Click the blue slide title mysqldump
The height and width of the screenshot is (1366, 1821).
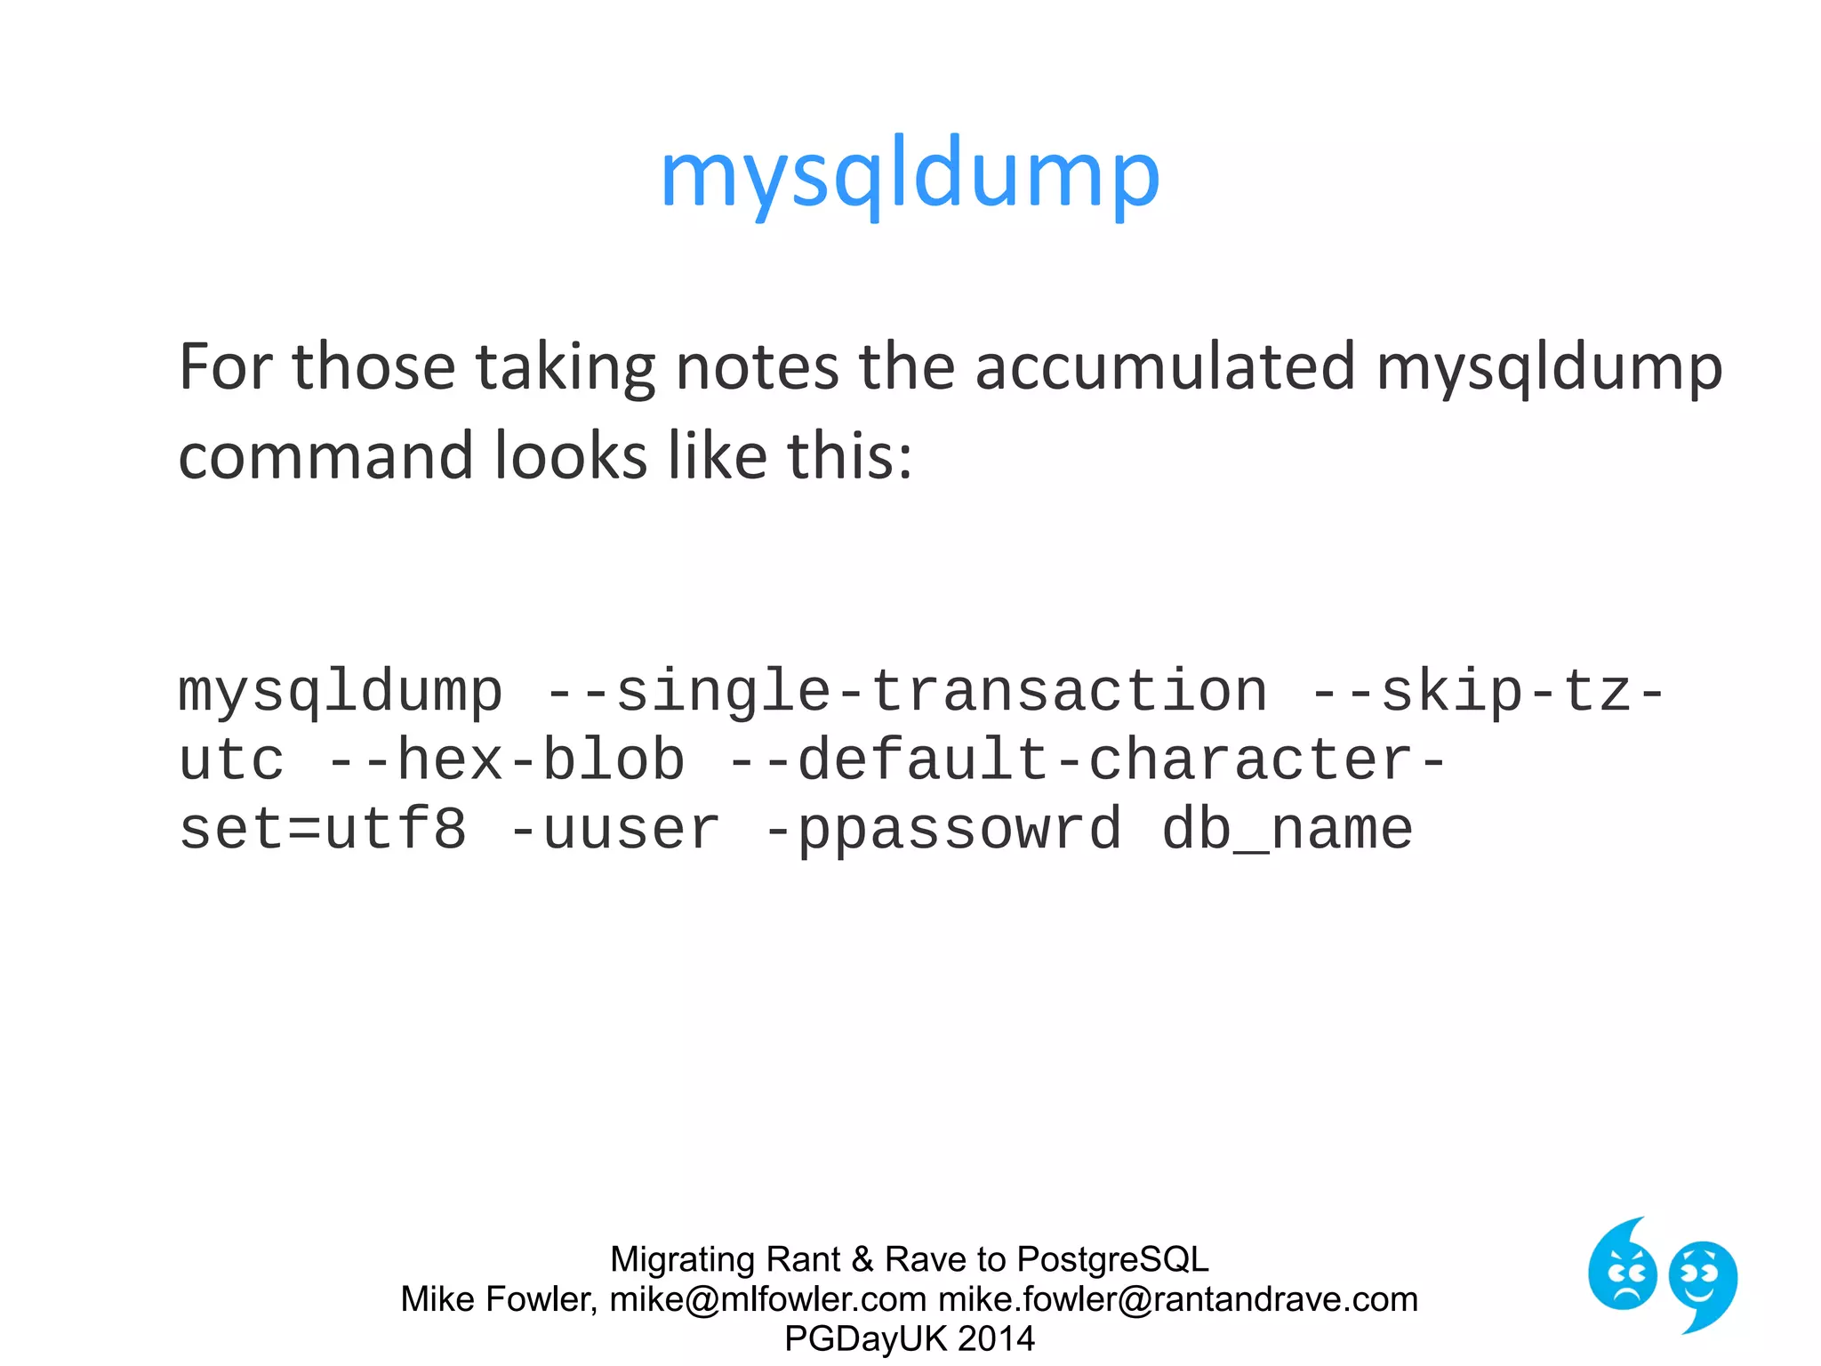(910, 174)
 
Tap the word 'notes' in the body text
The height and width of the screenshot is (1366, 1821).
(757, 366)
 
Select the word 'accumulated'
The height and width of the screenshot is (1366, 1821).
(1165, 366)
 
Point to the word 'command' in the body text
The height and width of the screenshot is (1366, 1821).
(325, 456)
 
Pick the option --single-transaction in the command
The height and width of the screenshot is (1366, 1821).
(906, 692)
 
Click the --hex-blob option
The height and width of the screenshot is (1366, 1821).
(506, 760)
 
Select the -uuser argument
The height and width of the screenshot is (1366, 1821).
(614, 830)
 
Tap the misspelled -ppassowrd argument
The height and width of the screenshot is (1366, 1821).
(943, 830)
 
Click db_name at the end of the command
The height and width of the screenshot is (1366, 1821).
(1287, 830)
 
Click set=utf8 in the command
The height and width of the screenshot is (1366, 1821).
(323, 830)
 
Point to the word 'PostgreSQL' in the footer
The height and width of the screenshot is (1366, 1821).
(1112, 1259)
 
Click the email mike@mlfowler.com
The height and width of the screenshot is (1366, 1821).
(768, 1299)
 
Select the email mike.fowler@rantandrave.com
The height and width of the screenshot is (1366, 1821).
(1178, 1299)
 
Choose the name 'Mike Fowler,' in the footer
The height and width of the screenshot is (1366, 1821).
(499, 1299)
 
